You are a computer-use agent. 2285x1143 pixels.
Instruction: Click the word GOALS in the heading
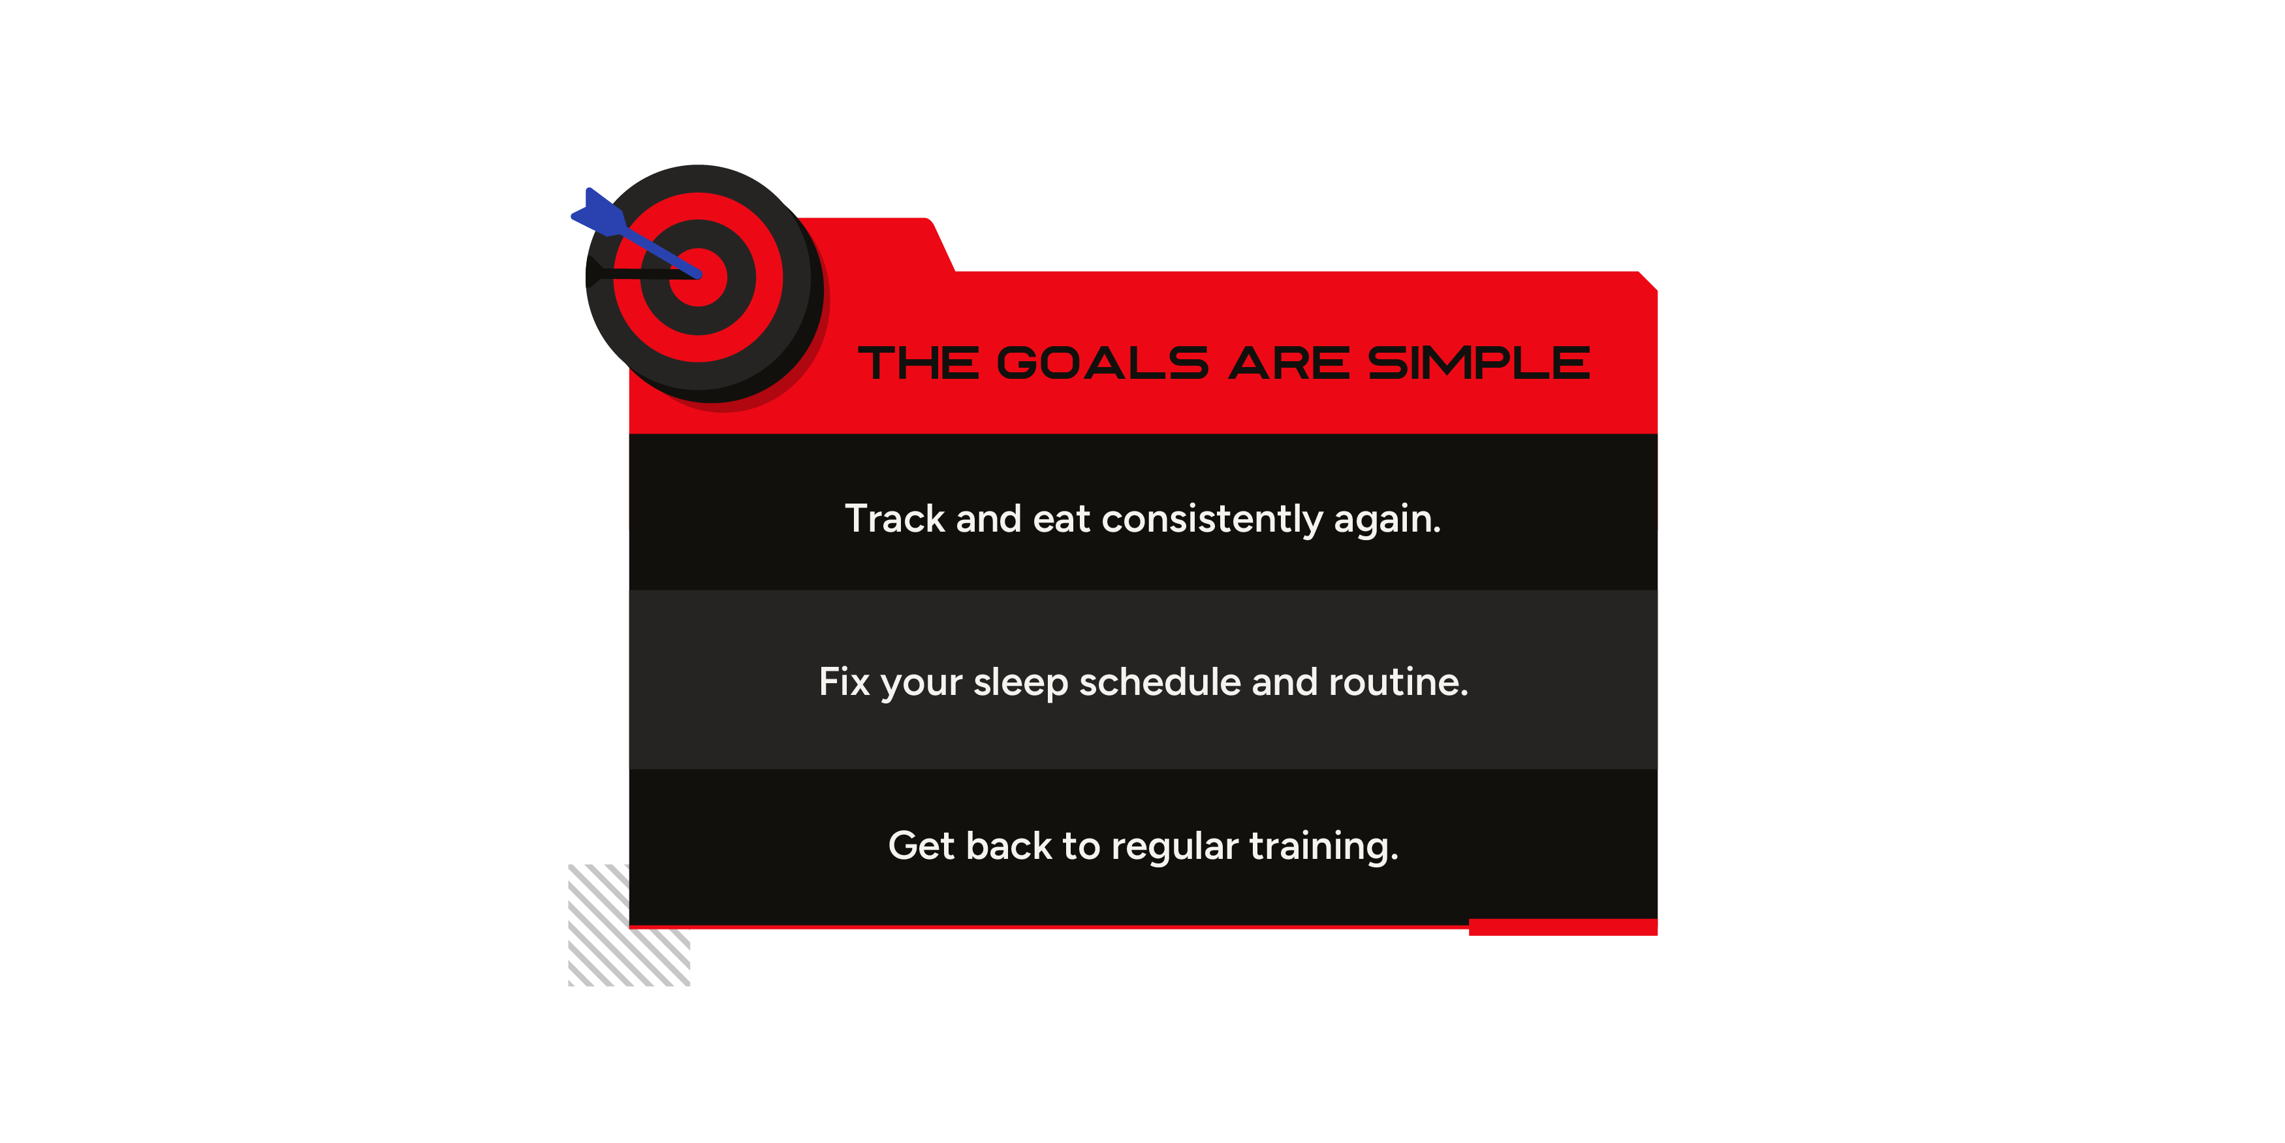1103,363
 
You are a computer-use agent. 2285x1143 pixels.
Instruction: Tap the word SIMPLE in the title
1479,363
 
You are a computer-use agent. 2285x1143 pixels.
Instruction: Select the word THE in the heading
919,363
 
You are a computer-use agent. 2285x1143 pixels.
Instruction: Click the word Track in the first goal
895,518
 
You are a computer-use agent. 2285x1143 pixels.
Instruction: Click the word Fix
843,681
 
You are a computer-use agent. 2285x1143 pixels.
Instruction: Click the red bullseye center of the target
699,278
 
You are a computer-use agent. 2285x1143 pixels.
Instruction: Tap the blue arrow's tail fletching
599,213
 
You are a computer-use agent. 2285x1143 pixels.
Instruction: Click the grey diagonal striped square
629,926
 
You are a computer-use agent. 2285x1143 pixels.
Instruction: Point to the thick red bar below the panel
1563,927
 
